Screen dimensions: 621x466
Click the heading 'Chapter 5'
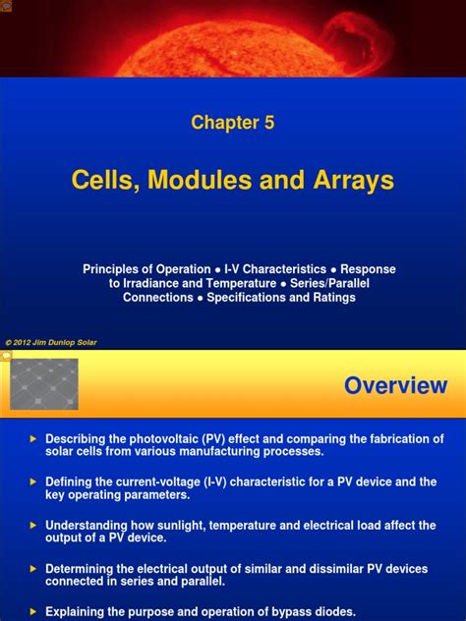click(233, 123)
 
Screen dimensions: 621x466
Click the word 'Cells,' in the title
click(105, 181)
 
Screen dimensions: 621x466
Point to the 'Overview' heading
click(395, 386)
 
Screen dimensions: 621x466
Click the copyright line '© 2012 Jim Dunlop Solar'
click(51, 343)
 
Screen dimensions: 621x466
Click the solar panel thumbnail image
click(43, 384)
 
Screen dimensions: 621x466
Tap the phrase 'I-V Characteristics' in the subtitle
click(274, 268)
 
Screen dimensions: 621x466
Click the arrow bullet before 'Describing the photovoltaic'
click(32, 438)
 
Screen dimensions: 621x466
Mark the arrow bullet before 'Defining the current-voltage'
click(32, 481)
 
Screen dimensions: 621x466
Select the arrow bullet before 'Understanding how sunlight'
click(32, 525)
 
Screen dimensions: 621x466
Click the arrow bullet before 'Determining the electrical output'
click(32, 568)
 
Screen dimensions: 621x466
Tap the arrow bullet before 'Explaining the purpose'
click(32, 610)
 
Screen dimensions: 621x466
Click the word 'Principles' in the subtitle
click(111, 268)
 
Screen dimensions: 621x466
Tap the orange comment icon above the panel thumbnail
click(6, 356)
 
